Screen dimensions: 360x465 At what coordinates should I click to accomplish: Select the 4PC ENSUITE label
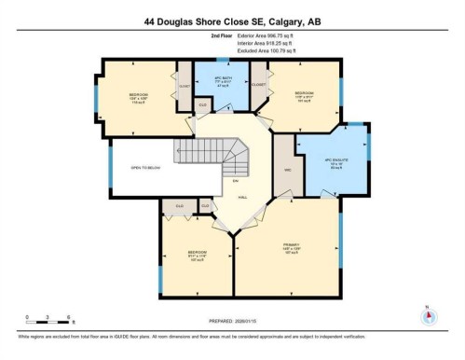click(x=334, y=160)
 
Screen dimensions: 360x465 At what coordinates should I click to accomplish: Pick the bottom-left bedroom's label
click(x=197, y=255)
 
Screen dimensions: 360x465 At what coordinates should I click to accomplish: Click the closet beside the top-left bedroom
click(x=184, y=87)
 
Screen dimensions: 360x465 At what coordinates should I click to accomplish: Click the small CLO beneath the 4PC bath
click(x=203, y=105)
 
